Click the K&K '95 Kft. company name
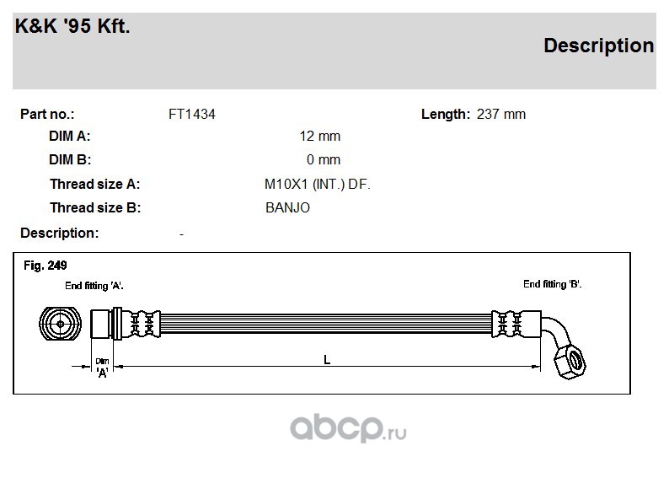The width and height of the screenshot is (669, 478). point(72,26)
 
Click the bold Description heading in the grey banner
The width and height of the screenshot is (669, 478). point(598,46)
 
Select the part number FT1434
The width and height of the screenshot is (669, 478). point(192,115)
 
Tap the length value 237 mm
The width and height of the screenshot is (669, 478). point(500,115)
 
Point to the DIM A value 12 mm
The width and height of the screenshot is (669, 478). point(320,136)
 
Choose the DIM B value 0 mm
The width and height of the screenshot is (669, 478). point(324,159)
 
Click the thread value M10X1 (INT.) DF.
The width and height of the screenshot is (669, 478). point(318,185)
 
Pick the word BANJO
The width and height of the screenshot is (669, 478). point(287,208)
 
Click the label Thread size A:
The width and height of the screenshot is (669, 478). point(94,185)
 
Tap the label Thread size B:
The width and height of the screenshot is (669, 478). point(95,208)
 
